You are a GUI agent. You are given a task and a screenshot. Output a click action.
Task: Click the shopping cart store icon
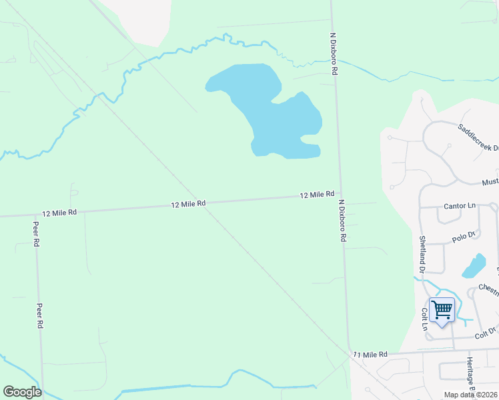click(x=442, y=310)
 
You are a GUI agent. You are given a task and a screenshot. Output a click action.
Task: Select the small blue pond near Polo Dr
click(x=474, y=266)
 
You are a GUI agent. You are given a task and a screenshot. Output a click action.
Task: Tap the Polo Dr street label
click(x=463, y=236)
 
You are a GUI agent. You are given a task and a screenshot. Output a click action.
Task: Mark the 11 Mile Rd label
click(x=370, y=355)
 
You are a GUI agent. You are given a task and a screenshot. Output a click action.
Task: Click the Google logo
click(x=22, y=391)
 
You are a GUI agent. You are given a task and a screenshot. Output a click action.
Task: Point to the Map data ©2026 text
click(x=470, y=395)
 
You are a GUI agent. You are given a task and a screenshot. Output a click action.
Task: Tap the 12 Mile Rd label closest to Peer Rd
click(x=59, y=212)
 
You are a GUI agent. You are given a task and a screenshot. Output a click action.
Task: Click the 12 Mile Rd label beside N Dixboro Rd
click(x=317, y=195)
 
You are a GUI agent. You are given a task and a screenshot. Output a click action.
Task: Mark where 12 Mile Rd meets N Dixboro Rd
click(x=340, y=195)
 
